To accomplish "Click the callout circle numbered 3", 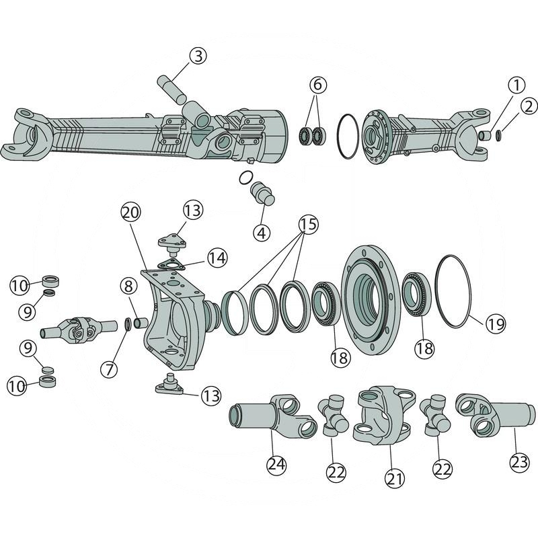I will point(197,56).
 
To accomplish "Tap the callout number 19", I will point(495,325).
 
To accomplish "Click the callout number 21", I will point(395,479).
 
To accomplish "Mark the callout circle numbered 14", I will point(217,257).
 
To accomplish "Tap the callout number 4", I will point(262,233).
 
